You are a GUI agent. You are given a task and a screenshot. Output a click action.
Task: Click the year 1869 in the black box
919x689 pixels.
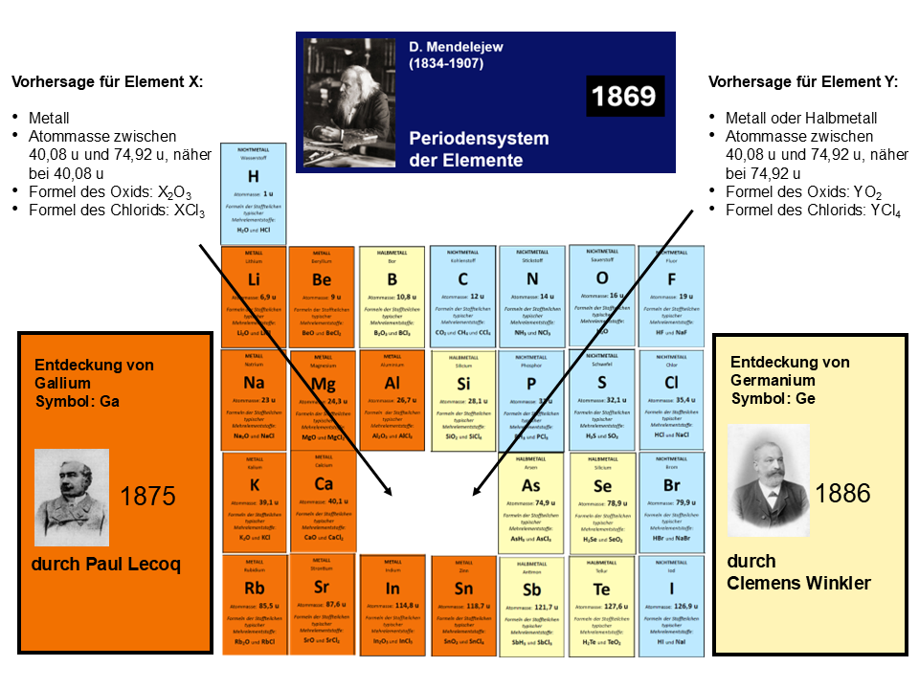624,96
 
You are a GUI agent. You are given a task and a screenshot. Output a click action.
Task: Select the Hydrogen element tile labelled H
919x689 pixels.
254,190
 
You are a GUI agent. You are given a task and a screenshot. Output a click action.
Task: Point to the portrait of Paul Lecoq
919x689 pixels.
71,498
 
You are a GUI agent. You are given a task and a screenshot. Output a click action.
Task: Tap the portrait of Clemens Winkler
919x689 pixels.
769,480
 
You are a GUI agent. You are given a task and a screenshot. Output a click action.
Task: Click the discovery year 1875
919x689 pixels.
147,496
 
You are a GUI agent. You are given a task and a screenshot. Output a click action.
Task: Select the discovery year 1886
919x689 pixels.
842,493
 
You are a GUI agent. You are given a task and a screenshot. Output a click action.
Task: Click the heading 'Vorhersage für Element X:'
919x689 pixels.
107,82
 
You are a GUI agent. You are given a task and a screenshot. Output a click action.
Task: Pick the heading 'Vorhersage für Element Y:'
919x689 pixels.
803,82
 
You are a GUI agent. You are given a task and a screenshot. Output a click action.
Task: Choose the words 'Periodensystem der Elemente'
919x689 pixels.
479,149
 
